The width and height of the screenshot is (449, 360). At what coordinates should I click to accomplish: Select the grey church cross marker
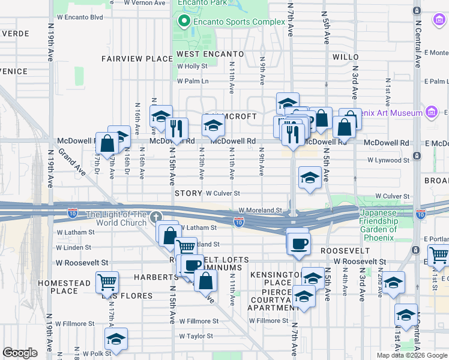point(156,217)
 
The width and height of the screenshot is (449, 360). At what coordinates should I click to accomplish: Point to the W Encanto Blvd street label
point(80,17)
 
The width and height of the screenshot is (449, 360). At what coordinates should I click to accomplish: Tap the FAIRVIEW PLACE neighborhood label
point(137,59)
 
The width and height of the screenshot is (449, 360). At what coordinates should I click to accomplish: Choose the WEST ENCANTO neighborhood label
point(210,54)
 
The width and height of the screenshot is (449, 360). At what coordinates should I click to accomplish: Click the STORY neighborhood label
point(188,194)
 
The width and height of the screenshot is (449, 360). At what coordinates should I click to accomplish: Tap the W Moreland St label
point(260,210)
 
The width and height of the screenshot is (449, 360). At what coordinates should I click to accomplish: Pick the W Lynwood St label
point(388,160)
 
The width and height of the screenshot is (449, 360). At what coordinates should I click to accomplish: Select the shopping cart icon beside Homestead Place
point(107,280)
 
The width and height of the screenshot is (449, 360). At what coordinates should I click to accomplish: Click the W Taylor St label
point(196,336)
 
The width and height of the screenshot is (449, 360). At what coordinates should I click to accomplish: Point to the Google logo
point(19,353)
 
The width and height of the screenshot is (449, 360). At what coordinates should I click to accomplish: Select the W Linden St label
point(73,247)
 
